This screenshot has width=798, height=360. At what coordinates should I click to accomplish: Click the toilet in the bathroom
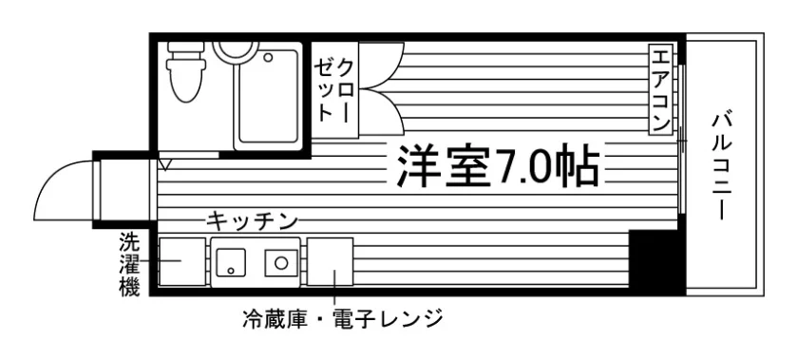tap(186, 71)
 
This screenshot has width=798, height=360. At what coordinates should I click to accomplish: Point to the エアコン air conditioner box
tap(660, 89)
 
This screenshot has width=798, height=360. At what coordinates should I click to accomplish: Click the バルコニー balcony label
tap(722, 167)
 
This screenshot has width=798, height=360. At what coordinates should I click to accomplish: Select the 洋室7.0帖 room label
tap(497, 165)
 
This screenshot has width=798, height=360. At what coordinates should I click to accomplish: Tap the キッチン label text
tap(252, 221)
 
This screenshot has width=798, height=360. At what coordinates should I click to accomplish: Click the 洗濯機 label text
tap(129, 265)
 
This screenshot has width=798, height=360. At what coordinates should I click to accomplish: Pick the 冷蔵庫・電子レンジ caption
tap(343, 319)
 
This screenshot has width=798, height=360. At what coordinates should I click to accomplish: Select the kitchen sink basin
tap(231, 262)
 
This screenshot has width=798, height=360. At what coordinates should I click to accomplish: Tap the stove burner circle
tap(281, 263)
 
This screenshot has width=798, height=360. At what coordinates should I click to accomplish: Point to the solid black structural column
tap(656, 262)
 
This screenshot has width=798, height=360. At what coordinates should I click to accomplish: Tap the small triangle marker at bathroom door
tap(165, 164)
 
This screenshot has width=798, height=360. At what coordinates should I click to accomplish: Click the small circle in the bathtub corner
tap(268, 57)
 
